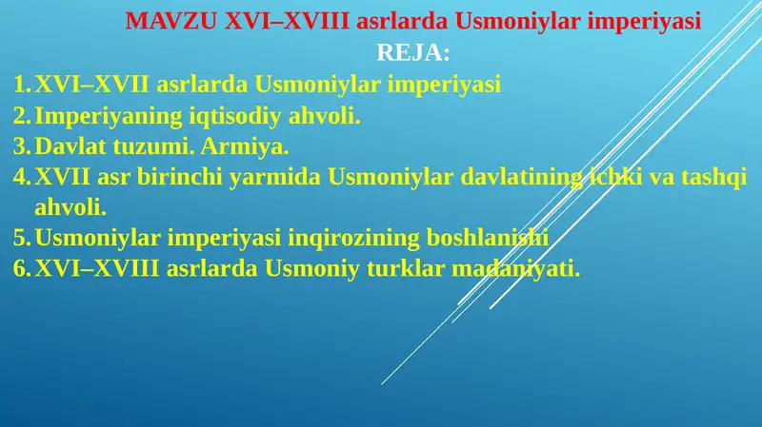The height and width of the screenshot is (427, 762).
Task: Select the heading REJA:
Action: click(x=413, y=52)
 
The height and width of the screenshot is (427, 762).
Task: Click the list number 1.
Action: click(x=21, y=85)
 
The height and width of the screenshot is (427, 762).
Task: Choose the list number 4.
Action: click(x=21, y=177)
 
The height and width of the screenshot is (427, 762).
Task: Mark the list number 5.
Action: click(x=21, y=238)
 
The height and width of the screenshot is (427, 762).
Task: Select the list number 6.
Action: click(x=21, y=268)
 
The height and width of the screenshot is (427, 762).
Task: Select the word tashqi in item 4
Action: click(x=712, y=177)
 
